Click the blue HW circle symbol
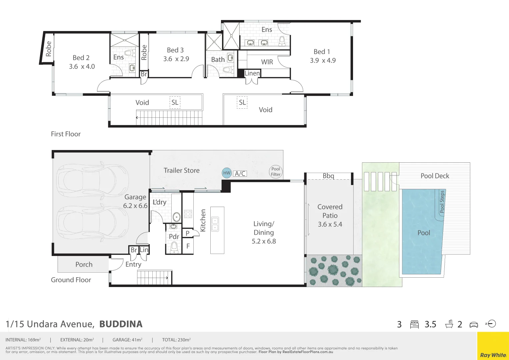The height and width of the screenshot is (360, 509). pyautogui.click(x=227, y=173)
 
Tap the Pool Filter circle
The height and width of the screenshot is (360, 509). pyautogui.click(x=276, y=172)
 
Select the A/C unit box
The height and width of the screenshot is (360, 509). pyautogui.click(x=240, y=174)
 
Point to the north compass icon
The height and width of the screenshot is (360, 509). pyautogui.click(x=491, y=324)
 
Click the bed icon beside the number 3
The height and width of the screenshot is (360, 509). pyautogui.click(x=414, y=324)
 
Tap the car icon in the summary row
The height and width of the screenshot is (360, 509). pyautogui.click(x=473, y=325)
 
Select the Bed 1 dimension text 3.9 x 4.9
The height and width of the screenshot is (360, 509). pyautogui.click(x=323, y=61)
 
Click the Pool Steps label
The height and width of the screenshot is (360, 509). pyautogui.click(x=442, y=202)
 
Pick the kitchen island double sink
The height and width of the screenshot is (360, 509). pyautogui.click(x=215, y=224)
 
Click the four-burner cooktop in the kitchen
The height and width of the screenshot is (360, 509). pyautogui.click(x=188, y=214)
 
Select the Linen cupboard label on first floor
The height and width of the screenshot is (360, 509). pyautogui.click(x=252, y=73)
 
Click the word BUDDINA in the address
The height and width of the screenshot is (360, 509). pyautogui.click(x=121, y=324)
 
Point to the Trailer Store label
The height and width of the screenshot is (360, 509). pyautogui.click(x=182, y=170)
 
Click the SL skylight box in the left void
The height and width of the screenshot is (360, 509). pyautogui.click(x=175, y=103)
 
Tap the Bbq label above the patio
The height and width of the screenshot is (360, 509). pyautogui.click(x=328, y=176)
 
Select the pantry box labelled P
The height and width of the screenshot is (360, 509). pyautogui.click(x=188, y=233)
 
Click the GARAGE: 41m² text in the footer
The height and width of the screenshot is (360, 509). pyautogui.click(x=127, y=340)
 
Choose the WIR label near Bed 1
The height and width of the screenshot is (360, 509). pyautogui.click(x=267, y=62)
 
